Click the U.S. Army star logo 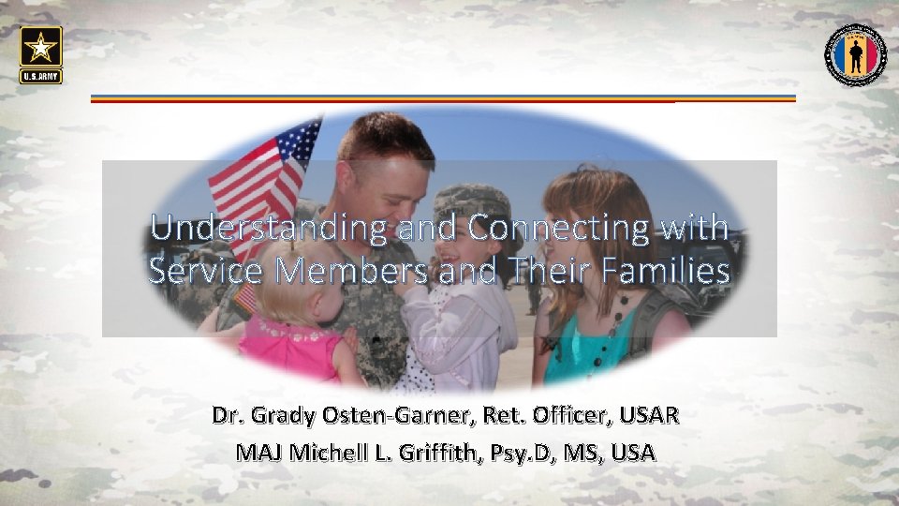[x=40, y=53]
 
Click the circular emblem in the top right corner [x=855, y=54]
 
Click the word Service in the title [x=198, y=271]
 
